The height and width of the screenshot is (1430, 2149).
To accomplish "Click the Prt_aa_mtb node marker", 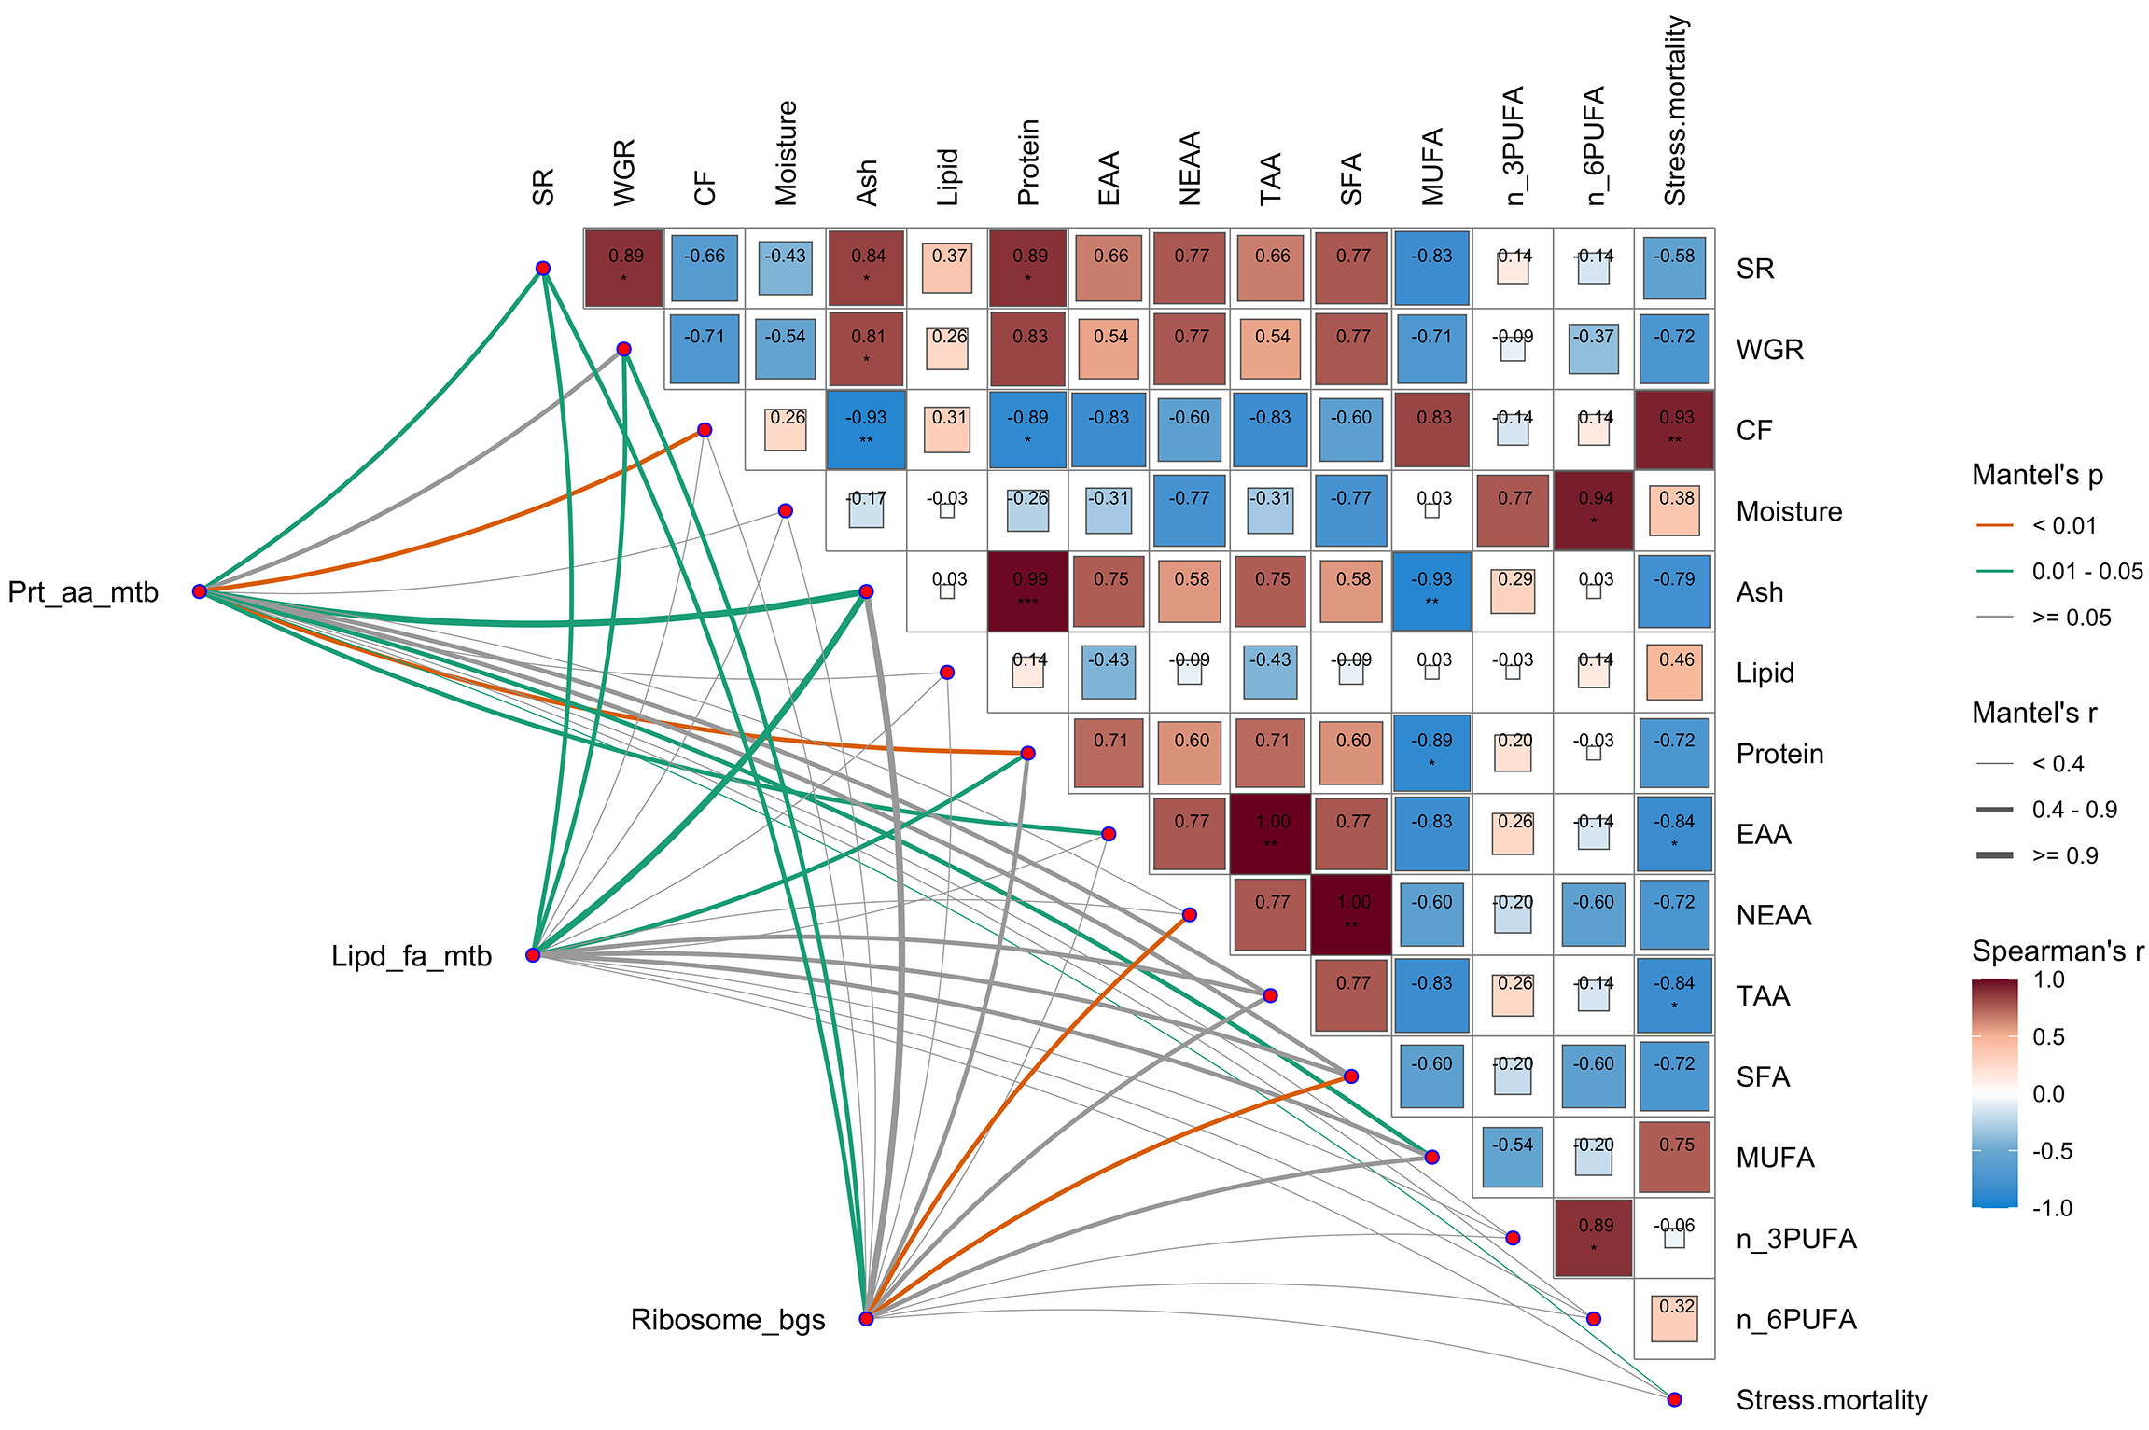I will pos(199,591).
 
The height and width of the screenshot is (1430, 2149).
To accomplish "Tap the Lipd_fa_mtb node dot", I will pos(533,954).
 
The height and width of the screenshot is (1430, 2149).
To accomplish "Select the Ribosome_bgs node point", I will pos(866,1318).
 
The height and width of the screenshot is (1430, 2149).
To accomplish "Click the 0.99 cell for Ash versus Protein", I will pos(1027,590).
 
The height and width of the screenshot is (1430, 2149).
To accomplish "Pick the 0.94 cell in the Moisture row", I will pos(1594,510).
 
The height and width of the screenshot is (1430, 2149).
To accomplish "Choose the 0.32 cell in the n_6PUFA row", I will pos(1675,1318).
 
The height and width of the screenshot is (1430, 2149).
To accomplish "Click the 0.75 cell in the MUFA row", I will pos(1675,1157).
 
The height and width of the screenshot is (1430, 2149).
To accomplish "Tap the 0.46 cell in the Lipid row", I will pos(1675,672).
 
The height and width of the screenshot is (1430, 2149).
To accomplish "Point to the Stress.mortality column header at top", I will pos(1676,110).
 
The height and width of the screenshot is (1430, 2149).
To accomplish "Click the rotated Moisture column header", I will pos(786,153).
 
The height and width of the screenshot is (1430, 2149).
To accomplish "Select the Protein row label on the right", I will pos(1779,754).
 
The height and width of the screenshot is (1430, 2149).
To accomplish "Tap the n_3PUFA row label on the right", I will pos(1795,1239).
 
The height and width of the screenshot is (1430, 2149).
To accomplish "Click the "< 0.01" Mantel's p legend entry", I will pos(2064,526).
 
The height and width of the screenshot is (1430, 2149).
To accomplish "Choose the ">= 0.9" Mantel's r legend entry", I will pos(2065,855).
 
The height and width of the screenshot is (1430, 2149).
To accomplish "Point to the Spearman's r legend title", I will pos(2058,951).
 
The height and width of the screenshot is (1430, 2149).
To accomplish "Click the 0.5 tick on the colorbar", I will pos(2048,1037).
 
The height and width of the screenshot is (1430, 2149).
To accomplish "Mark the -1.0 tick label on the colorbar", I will pos(2052,1208).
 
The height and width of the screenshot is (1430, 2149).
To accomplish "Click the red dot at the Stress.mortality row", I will pos(1675,1399).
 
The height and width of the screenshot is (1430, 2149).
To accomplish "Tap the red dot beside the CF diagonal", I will pos(705,430).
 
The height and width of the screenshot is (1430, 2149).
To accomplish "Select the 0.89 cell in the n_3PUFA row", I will pos(1594,1238).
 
